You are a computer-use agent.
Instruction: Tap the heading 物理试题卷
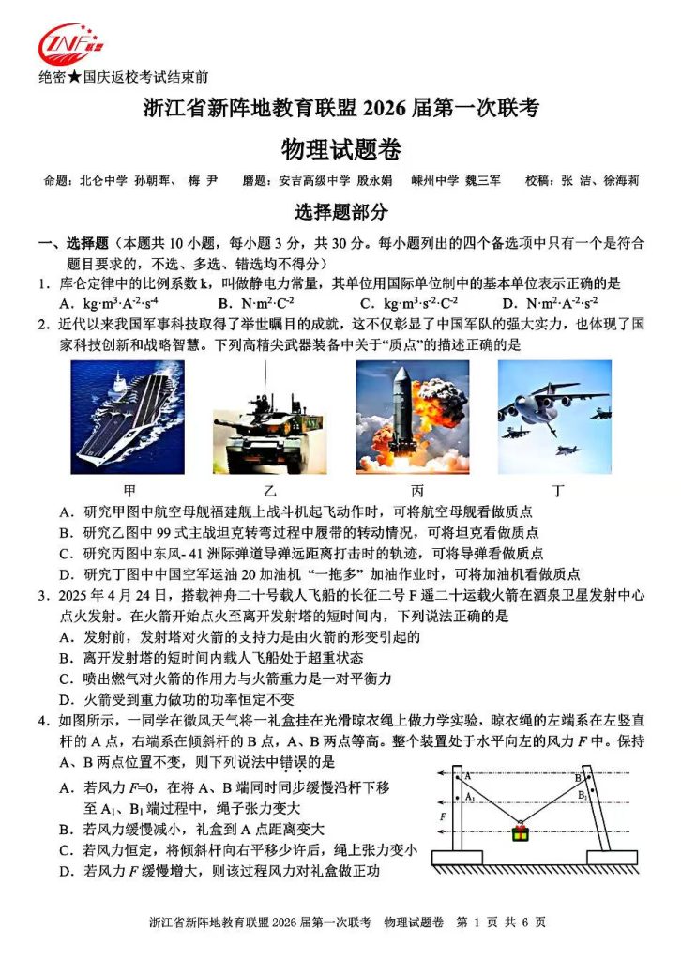point(340,147)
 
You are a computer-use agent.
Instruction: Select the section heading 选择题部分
point(340,211)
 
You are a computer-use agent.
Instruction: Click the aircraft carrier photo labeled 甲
point(128,417)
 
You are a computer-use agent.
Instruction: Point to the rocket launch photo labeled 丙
point(411,417)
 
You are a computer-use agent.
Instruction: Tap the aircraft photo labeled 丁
point(554,417)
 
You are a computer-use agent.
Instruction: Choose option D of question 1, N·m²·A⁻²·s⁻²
point(549,303)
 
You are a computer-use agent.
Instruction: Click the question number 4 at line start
point(43,720)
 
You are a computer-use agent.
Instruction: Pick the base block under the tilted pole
point(612,857)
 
